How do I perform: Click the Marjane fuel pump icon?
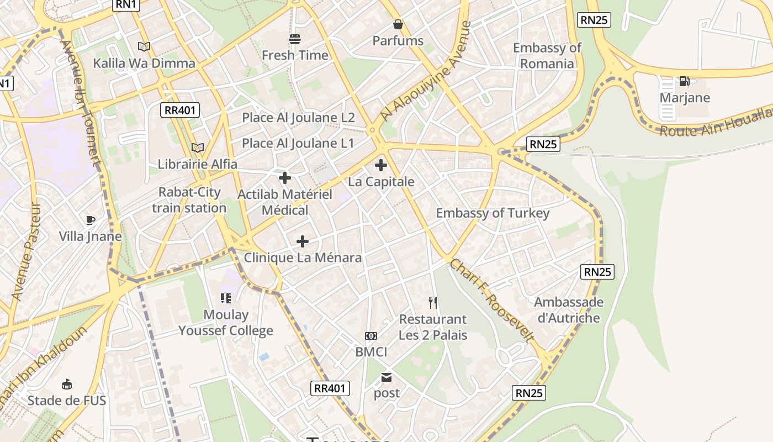(684, 81)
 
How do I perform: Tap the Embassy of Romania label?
(547, 56)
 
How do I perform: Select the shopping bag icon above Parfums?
(398, 24)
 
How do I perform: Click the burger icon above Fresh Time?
(295, 39)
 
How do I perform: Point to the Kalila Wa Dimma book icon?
(144, 47)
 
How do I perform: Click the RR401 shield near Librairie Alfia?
(181, 110)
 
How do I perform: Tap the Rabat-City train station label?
(189, 200)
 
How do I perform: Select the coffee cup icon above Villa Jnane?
(91, 220)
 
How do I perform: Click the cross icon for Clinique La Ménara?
(303, 241)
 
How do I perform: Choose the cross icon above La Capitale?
(381, 165)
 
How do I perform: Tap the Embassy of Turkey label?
(493, 213)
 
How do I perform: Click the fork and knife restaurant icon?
(433, 302)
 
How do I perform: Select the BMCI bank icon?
(371, 335)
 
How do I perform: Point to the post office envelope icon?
(386, 378)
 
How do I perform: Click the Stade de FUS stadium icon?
(67, 384)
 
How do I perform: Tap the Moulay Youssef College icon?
(226, 298)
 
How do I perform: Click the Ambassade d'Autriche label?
(568, 310)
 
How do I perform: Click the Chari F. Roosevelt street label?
(491, 300)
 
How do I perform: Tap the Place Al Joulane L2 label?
(298, 118)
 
